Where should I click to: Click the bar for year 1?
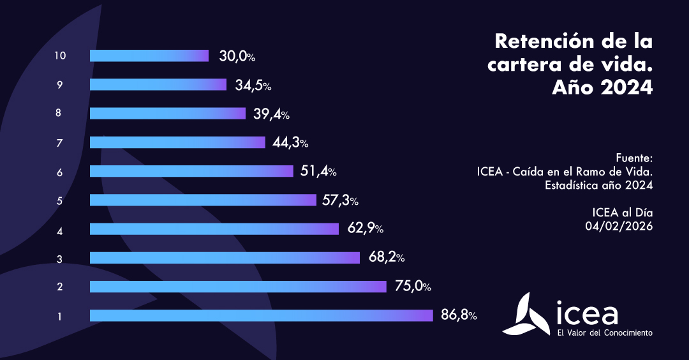[261, 315]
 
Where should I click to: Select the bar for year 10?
[149, 56]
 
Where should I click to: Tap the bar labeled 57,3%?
[203, 200]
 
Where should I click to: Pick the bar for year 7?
[177, 142]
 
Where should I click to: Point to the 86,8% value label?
[458, 315]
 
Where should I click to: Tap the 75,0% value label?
[412, 287]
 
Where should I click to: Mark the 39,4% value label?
[271, 114]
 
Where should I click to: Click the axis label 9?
[59, 85]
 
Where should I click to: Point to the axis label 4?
[59, 229]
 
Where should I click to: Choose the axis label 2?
[59, 287]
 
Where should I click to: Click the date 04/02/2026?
[619, 225]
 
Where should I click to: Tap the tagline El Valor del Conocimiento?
[604, 333]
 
